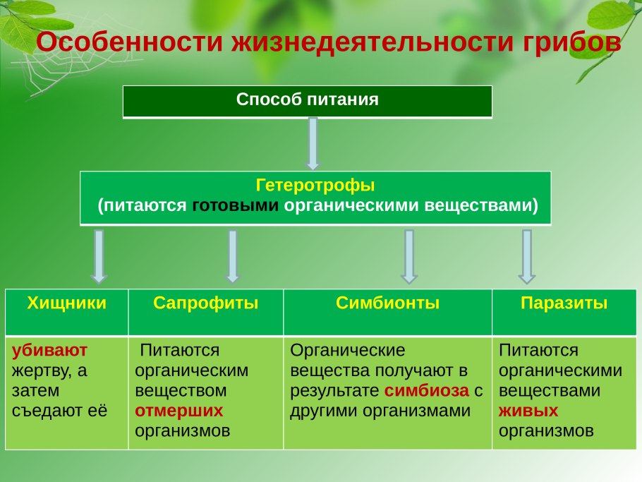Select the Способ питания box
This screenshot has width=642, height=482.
coord(308,101)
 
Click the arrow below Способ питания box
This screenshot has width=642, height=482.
coord(313,143)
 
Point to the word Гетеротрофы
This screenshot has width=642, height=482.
coord(315,186)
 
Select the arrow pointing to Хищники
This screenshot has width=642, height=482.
coord(99,256)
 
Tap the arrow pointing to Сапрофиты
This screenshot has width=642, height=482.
coord(232,256)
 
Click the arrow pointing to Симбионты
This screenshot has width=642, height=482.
coord(408,256)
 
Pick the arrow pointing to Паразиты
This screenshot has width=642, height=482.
coord(526,256)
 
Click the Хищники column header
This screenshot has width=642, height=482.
coord(67,304)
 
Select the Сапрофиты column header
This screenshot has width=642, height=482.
coord(206,304)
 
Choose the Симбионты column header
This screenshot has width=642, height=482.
coord(387,304)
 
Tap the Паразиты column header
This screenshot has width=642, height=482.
coord(564,304)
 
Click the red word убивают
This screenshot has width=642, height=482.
coord(40,350)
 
